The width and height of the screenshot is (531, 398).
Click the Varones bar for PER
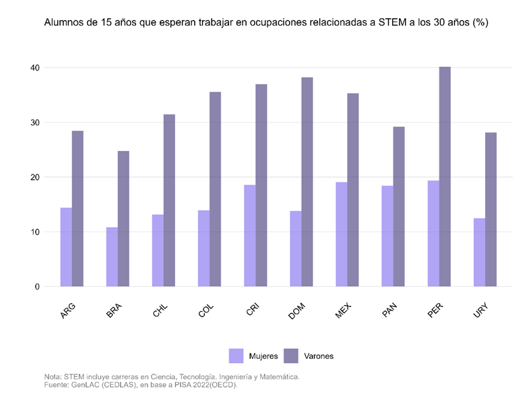[x=445, y=176]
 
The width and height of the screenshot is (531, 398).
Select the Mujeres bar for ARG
[x=66, y=247]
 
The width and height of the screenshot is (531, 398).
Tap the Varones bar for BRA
[x=123, y=219]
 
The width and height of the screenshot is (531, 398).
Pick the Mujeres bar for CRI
[x=250, y=236]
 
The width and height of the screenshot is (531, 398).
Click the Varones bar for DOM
[x=307, y=182]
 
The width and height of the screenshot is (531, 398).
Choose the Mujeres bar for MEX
[x=342, y=234]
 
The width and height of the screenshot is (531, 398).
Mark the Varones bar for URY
[x=491, y=209]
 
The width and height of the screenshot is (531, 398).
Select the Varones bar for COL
[x=215, y=189]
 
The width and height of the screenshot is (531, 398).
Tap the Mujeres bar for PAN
[x=387, y=236]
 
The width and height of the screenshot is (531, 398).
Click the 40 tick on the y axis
[x=34, y=68]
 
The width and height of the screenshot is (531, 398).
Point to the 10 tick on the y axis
[x=34, y=232]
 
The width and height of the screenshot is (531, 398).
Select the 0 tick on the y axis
[x=36, y=287]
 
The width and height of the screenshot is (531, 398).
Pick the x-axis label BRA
[x=115, y=311]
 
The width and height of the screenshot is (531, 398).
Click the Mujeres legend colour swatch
[x=236, y=355]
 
